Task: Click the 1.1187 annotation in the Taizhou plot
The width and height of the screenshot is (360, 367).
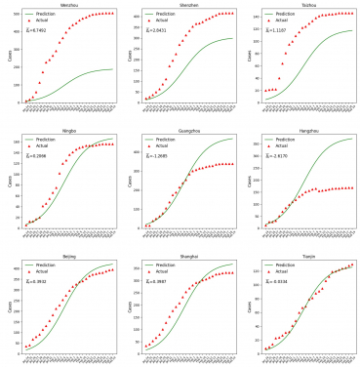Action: [277, 29]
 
